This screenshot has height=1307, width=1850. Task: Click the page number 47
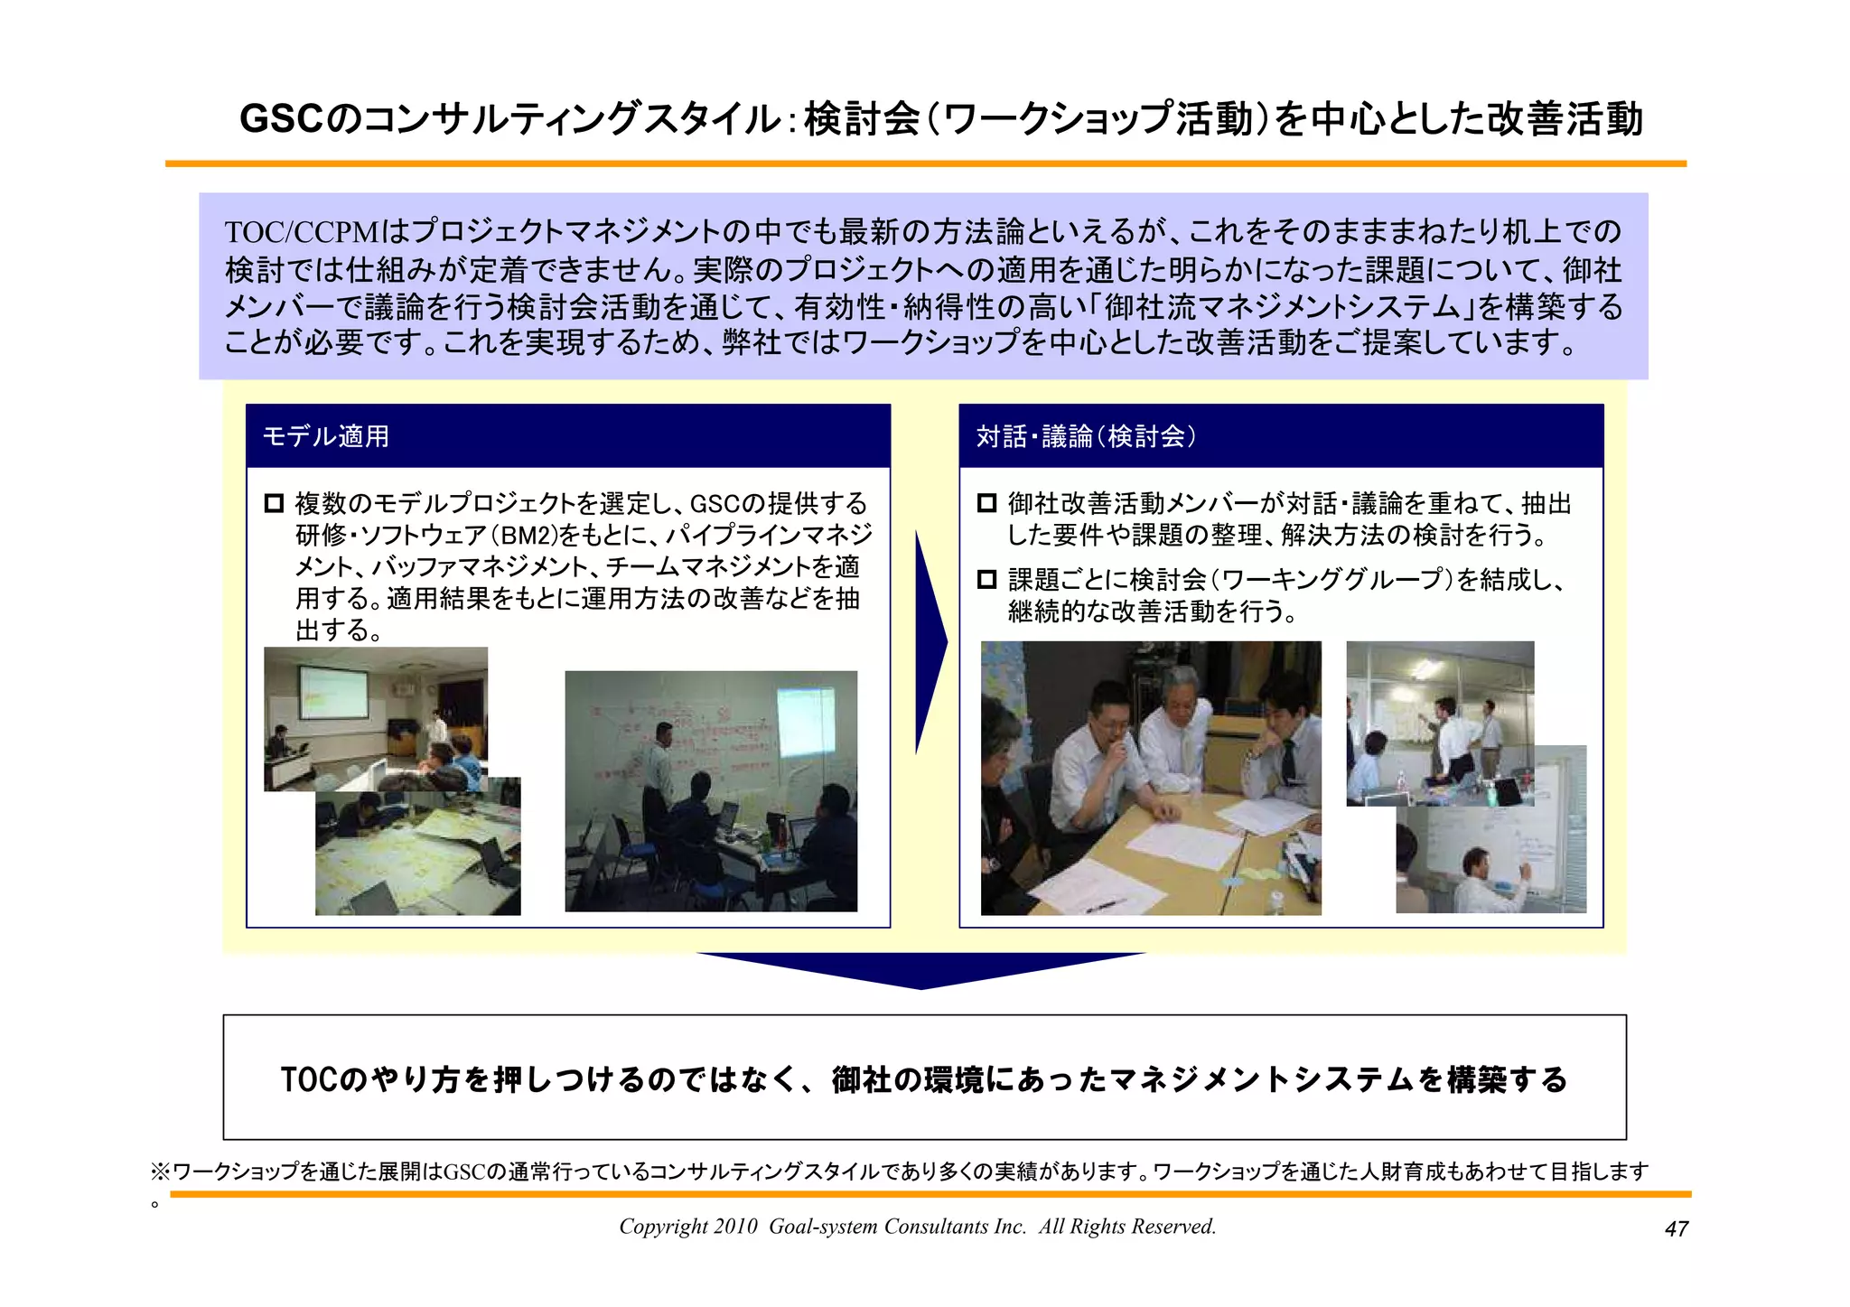1676,1228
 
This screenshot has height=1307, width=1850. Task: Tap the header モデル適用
326,436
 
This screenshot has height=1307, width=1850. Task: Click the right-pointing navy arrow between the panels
930,642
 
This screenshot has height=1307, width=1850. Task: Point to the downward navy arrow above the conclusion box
921,969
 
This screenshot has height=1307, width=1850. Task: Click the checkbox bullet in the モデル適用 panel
274,503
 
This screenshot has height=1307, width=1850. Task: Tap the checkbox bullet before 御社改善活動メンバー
987,503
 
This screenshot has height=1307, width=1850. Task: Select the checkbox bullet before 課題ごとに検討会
987,579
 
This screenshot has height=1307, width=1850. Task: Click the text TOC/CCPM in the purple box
303,233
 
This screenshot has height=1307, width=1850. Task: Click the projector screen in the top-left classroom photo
333,693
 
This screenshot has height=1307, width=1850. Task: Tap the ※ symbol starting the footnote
160,1172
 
